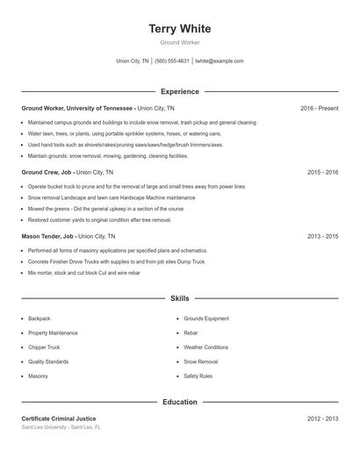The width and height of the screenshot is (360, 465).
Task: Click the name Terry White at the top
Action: [x=180, y=29]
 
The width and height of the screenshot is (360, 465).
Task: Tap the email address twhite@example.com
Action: [x=220, y=61]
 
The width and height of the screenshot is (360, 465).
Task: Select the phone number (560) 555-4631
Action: [x=172, y=61]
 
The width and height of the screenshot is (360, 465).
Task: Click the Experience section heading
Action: [x=180, y=91]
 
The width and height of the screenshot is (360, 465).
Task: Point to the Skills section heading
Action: [x=180, y=299]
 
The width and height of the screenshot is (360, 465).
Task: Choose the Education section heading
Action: [x=180, y=402]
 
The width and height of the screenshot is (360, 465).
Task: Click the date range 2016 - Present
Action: [x=319, y=108]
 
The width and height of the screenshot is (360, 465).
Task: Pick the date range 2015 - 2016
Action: [x=323, y=173]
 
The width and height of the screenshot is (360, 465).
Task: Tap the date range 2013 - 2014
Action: [x=323, y=236]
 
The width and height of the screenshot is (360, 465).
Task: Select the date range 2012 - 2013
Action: [x=323, y=418]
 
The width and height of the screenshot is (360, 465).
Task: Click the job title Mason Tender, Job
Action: [x=47, y=236]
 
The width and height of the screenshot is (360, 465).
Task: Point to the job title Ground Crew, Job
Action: [x=47, y=173]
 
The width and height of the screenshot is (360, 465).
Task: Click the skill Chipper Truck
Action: [x=44, y=347]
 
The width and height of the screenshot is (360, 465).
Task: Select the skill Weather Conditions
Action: [x=205, y=347]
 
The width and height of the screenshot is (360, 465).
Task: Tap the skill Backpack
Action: [x=40, y=318]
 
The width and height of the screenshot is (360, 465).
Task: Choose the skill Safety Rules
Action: [x=198, y=376]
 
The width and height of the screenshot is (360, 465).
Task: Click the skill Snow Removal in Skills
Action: [x=201, y=361]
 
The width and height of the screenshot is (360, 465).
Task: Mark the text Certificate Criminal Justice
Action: [x=59, y=418]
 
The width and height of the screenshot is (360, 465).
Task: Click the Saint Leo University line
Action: [x=61, y=427]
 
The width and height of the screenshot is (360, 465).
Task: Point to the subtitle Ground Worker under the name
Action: [x=180, y=42]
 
